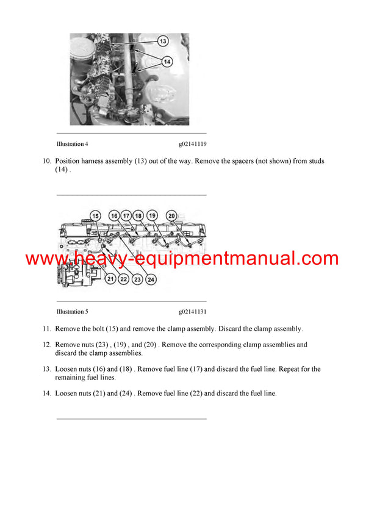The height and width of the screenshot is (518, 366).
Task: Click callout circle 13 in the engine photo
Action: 163,41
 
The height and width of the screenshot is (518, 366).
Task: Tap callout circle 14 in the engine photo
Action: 167,61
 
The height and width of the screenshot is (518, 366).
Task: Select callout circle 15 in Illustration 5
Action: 95,215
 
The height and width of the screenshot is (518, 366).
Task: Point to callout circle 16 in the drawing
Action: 114,215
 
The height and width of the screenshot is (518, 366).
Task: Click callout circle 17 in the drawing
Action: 126,215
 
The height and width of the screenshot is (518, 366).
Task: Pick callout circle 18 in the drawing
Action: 138,215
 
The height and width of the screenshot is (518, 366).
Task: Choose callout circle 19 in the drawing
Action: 152,215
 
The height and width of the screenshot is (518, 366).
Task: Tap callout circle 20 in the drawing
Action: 171,215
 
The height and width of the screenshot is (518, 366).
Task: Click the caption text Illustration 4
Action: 72,145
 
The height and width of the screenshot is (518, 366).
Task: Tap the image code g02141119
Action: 192,145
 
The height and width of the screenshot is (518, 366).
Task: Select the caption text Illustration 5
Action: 72,312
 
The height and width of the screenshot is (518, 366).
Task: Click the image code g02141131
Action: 192,312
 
